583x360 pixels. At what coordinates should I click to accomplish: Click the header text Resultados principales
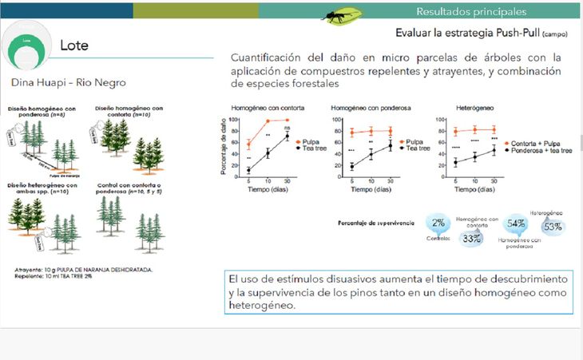[470, 11]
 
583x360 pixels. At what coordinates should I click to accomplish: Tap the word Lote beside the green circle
[74, 45]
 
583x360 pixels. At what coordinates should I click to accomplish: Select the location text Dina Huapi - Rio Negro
[69, 82]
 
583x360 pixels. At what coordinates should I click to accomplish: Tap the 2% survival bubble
[438, 223]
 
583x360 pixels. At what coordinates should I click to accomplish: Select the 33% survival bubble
[471, 238]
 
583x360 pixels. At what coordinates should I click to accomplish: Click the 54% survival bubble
[516, 224]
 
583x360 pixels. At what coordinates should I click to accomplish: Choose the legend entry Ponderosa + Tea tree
[544, 149]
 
